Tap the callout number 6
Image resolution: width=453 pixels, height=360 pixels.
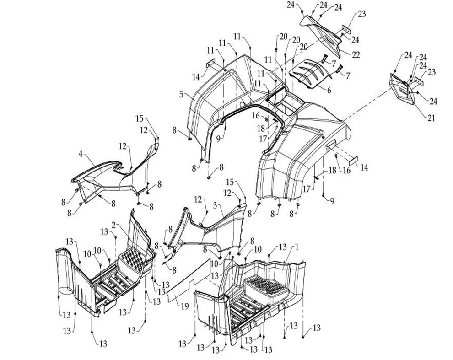pyautogui.click(x=328, y=90)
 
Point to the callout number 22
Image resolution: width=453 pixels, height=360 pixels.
pyautogui.click(x=356, y=55)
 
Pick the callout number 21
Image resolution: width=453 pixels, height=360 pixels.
pyautogui.click(x=431, y=118)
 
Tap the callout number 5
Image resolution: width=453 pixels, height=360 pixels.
pyautogui.click(x=182, y=95)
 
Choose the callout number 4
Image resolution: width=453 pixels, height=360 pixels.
pyautogui.click(x=81, y=154)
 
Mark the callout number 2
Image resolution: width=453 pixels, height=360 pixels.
pyautogui.click(x=113, y=225)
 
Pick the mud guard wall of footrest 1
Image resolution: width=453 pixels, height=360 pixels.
pyautogui.click(x=208, y=311)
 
